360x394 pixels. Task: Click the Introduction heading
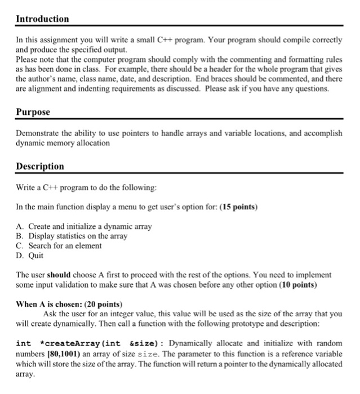pyautogui.click(x=42, y=19)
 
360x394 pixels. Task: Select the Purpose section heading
pyautogui.click(x=33, y=112)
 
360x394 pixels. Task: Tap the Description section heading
pyautogui.click(x=39, y=167)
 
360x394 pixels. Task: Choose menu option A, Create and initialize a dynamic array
pyautogui.click(x=85, y=226)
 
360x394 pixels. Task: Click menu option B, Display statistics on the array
pyautogui.click(x=72, y=236)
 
